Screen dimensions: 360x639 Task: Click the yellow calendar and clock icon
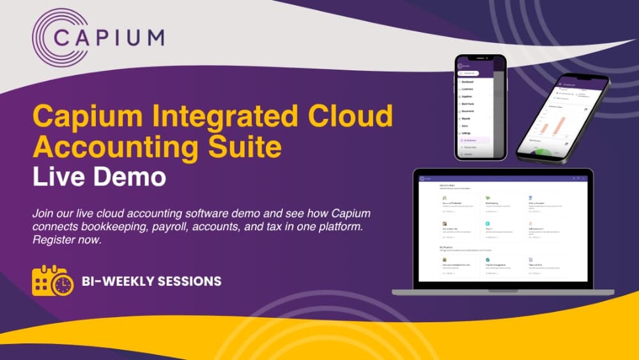click(x=52, y=281)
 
